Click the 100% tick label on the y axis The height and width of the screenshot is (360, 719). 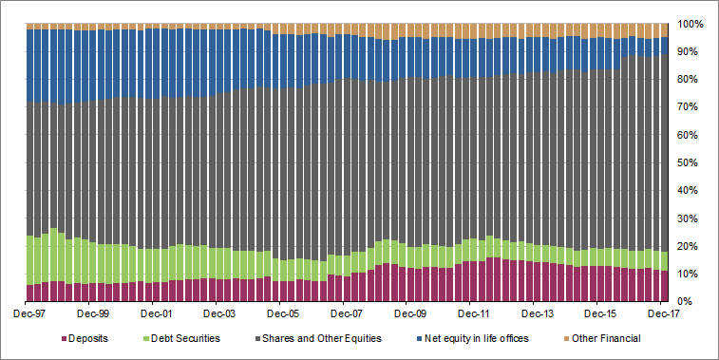pos(689,23)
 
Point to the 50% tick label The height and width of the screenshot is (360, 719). pos(691,162)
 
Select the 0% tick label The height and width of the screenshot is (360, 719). pos(693,302)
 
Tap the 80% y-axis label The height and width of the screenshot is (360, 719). pos(691,79)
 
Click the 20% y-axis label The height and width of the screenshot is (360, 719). pos(691,246)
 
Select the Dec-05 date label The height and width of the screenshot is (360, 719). pos(282,312)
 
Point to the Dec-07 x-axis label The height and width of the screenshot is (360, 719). pos(346,312)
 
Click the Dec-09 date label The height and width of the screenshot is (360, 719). pos(409,312)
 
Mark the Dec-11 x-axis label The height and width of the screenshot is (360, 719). pos(473,312)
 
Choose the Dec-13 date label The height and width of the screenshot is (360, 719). pos(537,312)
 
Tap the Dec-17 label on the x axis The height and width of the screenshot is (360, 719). pos(664,312)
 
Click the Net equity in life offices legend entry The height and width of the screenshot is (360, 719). pos(483,338)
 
